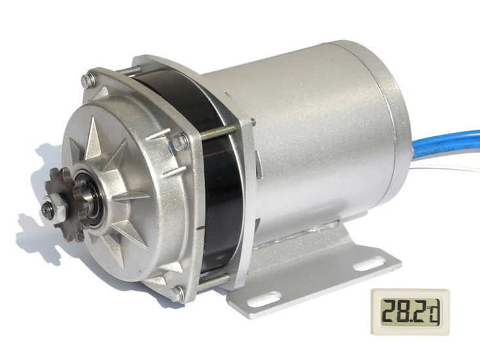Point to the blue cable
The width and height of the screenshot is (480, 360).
click(x=446, y=145)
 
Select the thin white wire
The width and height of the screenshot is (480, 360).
click(x=445, y=167)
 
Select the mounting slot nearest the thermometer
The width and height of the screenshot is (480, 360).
click(x=370, y=264)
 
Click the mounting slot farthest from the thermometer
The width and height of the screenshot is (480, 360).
click(x=264, y=299)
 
